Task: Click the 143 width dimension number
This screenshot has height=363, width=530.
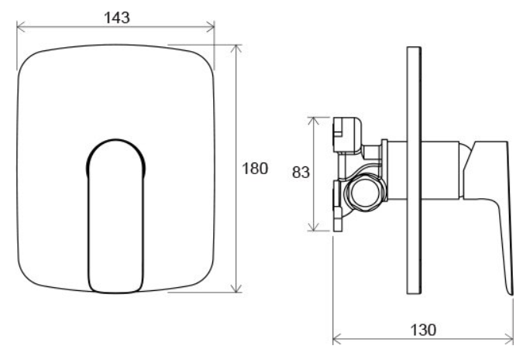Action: pos(116,18)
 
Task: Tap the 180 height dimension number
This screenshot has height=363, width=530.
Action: pos(255,168)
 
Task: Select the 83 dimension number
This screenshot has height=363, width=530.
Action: pos(301,173)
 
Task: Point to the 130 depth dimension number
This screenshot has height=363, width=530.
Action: pos(423,330)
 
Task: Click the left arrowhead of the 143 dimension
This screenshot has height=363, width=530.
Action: pos(21,26)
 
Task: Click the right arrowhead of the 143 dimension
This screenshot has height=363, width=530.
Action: pos(210,26)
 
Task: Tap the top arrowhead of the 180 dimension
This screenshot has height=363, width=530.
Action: pos(236,49)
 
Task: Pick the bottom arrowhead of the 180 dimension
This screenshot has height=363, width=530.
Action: pos(236,289)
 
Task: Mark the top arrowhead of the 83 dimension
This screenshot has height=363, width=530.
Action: pos(314,121)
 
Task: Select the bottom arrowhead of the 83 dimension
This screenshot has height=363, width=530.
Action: pos(314,227)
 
